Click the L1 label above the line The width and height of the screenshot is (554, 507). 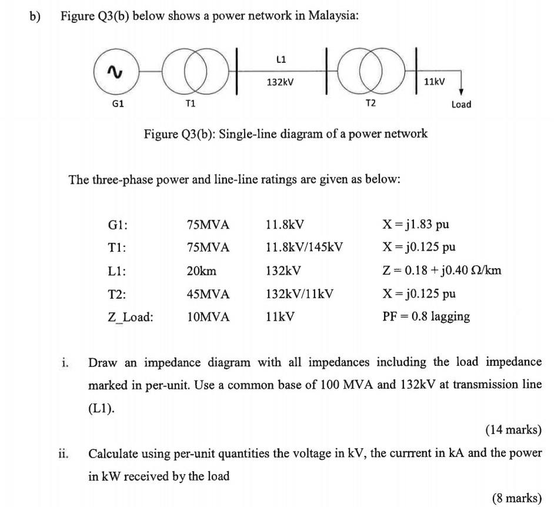click(x=281, y=59)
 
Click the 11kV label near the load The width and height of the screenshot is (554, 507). click(x=435, y=80)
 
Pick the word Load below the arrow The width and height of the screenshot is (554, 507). click(x=461, y=104)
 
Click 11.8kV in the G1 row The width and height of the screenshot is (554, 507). click(x=285, y=225)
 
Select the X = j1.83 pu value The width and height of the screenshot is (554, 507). click(x=415, y=225)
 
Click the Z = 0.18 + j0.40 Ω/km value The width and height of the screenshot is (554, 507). click(x=441, y=271)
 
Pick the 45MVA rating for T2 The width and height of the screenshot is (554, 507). click(x=208, y=294)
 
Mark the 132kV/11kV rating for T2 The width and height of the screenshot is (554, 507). click(x=299, y=294)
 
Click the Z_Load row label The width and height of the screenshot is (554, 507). click(x=130, y=317)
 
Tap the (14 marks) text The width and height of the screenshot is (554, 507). click(x=512, y=430)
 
